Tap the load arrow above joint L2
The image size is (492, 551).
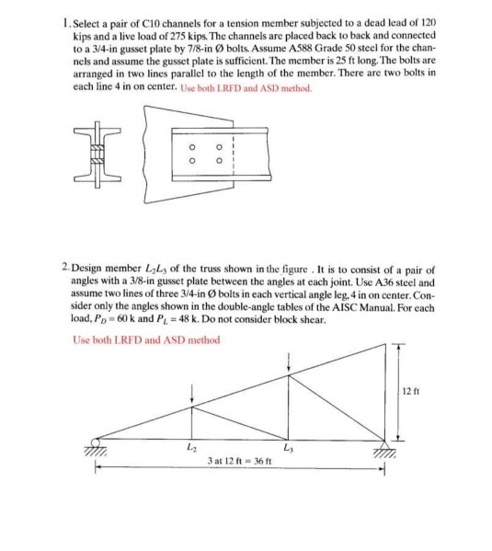point(191,394)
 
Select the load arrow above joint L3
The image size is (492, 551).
point(290,362)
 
